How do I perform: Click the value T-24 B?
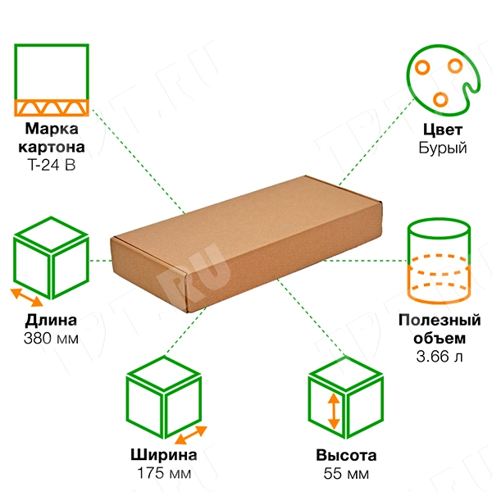[x=52, y=165]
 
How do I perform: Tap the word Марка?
[x=52, y=129]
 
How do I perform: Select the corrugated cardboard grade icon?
[x=52, y=80]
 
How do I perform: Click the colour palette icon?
[x=443, y=80]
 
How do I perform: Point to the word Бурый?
[x=443, y=148]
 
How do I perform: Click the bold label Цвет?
[x=443, y=130]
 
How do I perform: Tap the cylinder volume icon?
[x=439, y=261]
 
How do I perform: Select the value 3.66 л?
[x=440, y=356]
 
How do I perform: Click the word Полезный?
[x=440, y=320]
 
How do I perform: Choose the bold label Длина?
[x=51, y=321]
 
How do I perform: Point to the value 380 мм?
[x=51, y=338]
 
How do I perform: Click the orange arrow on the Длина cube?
[x=27, y=298]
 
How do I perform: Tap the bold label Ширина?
[x=164, y=454]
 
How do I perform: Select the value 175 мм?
[x=164, y=473]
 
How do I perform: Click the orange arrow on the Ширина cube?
[x=191, y=435]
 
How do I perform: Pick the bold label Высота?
[x=346, y=455]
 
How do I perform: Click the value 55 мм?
[x=346, y=473]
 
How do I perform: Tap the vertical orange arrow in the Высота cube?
[x=334, y=411]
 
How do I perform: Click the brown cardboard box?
[x=246, y=244]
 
